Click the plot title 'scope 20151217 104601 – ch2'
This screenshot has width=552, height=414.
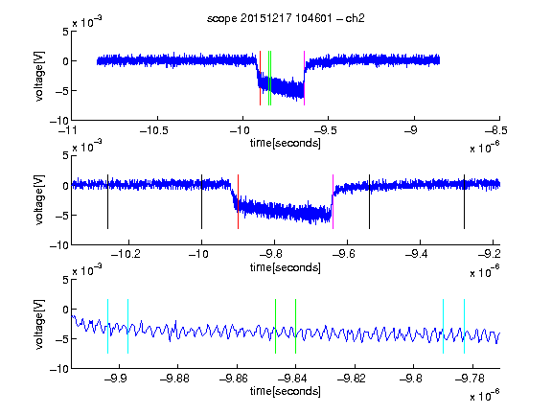[x=286, y=18]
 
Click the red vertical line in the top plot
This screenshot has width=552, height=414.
[x=260, y=78]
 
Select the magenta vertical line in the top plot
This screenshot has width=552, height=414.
[x=304, y=78]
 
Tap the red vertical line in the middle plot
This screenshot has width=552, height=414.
[x=238, y=201]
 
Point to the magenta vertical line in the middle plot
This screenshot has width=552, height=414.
[x=333, y=201]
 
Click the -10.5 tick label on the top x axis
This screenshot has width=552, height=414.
[x=154, y=131]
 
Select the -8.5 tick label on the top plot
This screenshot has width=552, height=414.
[x=496, y=131]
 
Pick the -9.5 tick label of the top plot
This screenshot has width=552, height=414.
[x=325, y=131]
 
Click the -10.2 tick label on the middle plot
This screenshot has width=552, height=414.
[x=126, y=254]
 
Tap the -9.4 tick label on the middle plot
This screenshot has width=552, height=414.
[x=417, y=254]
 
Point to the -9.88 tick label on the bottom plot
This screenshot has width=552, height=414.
[x=174, y=379]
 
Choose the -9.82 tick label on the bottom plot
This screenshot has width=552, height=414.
[x=352, y=379]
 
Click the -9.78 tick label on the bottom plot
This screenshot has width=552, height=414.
[x=470, y=379]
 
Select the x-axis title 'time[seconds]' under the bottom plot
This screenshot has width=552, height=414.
[x=286, y=391]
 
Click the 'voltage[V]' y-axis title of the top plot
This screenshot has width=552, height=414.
[x=39, y=77]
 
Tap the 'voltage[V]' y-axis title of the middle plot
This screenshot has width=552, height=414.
[x=39, y=199]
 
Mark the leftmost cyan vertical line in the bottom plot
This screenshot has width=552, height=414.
[x=107, y=326]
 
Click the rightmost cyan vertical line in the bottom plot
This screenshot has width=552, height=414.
[x=465, y=326]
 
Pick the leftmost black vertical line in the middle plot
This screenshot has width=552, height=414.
[x=107, y=201]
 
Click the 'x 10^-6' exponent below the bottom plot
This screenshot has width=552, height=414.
[x=485, y=396]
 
